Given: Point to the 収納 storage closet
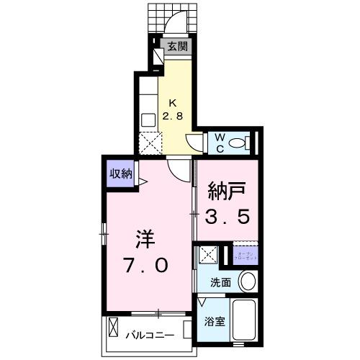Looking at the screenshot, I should pyautogui.click(x=120, y=174).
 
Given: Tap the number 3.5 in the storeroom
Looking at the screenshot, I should pyautogui.click(x=228, y=217).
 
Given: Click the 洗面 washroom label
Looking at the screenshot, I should pyautogui.click(x=220, y=283).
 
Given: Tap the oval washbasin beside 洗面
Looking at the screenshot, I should pyautogui.click(x=247, y=282).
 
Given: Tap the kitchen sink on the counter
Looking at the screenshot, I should pyautogui.click(x=148, y=120).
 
